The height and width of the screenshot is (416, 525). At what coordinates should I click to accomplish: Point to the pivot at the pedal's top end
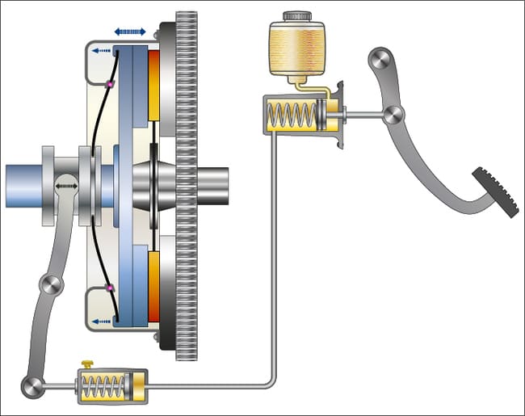[380, 61]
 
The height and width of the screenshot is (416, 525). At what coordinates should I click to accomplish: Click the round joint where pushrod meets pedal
[393, 116]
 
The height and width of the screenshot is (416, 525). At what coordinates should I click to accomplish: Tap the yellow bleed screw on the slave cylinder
[86, 366]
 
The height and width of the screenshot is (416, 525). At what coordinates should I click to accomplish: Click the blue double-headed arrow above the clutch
[130, 32]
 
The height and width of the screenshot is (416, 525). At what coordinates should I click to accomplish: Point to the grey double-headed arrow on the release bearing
[67, 186]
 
